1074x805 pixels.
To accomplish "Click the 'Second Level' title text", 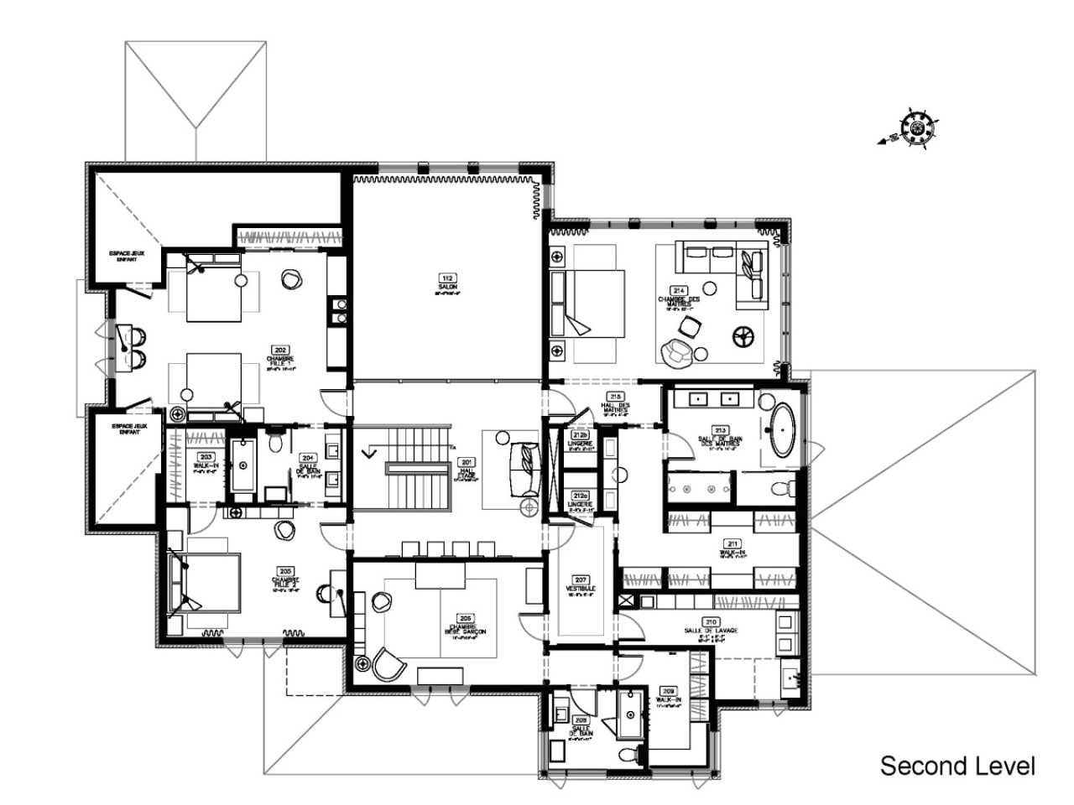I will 957,765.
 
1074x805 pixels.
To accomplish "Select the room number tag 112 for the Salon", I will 447,282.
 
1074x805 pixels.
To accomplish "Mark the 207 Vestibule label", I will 580,584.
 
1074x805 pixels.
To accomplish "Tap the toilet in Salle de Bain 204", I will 275,441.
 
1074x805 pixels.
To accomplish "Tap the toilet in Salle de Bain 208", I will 628,751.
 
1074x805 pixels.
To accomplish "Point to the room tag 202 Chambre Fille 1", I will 280,357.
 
